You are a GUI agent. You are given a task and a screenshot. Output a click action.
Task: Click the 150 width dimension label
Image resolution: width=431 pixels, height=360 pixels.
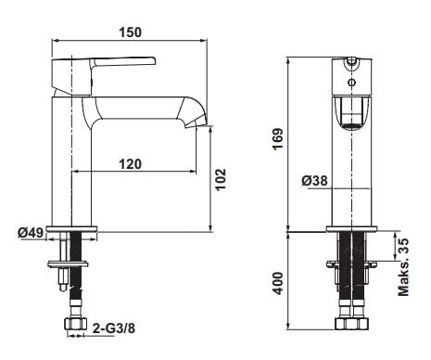pyautogui.click(x=131, y=32)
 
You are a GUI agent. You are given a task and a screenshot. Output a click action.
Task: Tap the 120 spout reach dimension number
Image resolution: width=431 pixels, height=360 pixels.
pyautogui.click(x=131, y=164)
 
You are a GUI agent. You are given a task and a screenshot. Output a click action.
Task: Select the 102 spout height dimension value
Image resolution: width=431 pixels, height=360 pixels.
pyautogui.click(x=221, y=180)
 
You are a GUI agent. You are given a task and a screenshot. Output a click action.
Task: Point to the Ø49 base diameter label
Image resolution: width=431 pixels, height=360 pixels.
pyautogui.click(x=31, y=232)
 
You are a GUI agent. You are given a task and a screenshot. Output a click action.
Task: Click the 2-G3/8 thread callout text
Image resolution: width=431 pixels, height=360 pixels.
pyautogui.click(x=114, y=328)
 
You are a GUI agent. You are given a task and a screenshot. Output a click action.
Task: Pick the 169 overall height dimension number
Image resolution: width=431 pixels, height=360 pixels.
pyautogui.click(x=277, y=139)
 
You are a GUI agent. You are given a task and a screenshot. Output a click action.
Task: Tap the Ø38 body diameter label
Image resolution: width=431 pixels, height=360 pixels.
pyautogui.click(x=314, y=181)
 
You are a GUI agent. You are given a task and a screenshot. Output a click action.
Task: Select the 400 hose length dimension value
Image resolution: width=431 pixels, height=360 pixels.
pyautogui.click(x=278, y=283)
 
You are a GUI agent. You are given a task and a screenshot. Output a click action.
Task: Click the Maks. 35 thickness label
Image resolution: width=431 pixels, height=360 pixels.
pyautogui.click(x=403, y=267)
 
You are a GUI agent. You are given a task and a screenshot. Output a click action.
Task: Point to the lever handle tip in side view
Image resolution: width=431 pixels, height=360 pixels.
pyautogui.click(x=154, y=61)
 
